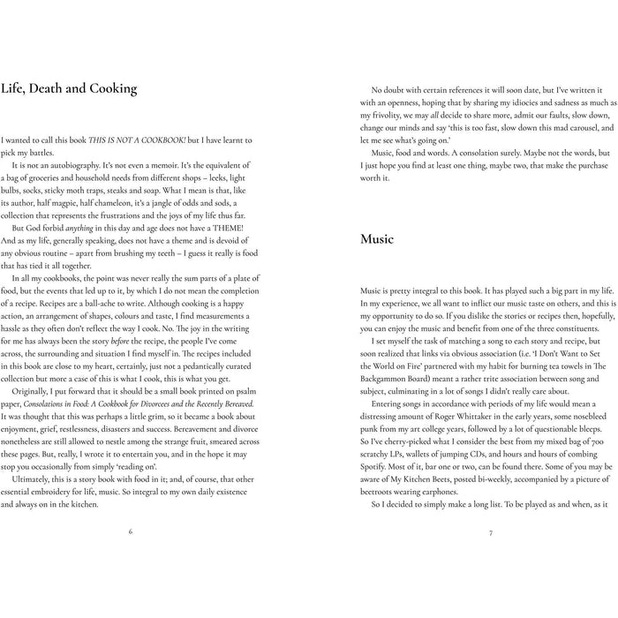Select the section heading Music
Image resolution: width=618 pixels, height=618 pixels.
coord(377,239)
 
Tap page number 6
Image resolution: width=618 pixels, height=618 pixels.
coord(131,531)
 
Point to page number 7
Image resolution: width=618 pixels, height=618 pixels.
coord(489,531)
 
